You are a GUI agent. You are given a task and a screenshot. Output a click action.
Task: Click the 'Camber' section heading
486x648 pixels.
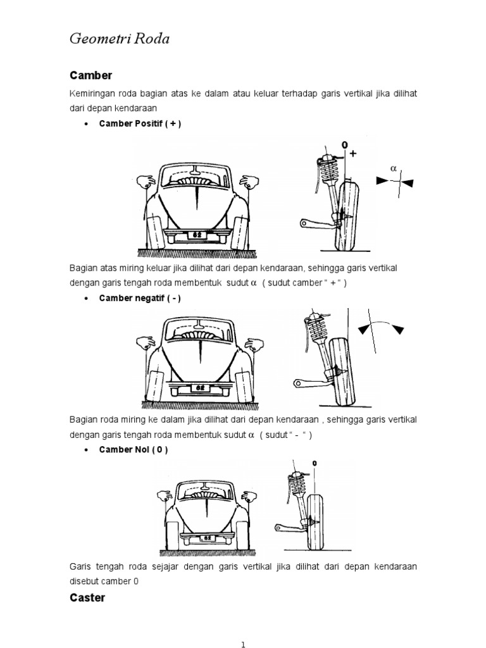click(90, 75)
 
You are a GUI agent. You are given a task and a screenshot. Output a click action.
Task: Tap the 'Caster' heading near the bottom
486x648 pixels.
click(87, 597)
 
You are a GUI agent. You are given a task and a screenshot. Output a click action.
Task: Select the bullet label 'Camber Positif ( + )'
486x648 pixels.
click(140, 124)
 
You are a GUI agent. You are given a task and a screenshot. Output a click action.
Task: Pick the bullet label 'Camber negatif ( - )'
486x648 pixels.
click(140, 299)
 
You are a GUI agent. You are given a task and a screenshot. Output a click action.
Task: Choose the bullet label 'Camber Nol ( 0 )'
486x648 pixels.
click(134, 449)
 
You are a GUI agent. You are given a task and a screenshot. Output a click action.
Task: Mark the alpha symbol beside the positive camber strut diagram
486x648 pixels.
click(393, 169)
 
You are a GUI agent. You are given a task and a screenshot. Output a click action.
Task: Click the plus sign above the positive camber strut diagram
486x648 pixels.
click(352, 153)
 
